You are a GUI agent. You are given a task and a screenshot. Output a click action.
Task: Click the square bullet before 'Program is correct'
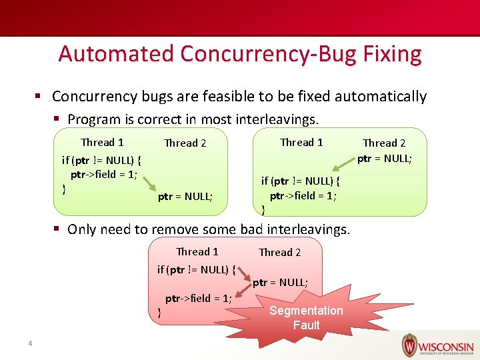click(x=58, y=119)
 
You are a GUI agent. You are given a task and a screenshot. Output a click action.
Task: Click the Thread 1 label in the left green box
click(x=102, y=142)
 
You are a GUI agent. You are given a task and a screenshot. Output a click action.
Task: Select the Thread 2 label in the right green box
click(x=383, y=143)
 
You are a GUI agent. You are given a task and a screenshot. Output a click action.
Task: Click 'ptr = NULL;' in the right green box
click(x=384, y=159)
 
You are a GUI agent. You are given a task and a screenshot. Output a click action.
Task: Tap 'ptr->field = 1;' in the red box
click(x=198, y=298)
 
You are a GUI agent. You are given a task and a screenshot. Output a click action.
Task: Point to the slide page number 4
click(x=30, y=343)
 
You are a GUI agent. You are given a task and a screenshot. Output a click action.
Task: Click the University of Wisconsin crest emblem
click(x=409, y=345)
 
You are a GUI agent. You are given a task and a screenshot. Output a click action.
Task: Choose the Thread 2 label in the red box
click(x=279, y=252)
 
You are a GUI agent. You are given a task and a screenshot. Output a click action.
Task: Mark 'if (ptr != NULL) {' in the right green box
click(x=300, y=181)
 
